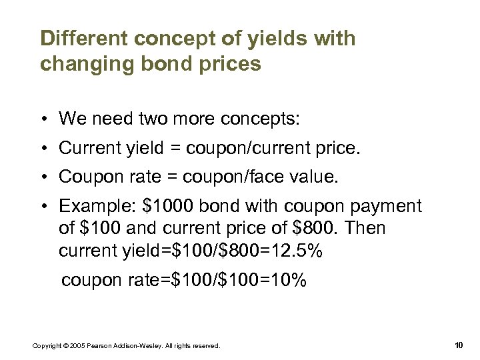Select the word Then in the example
click(365, 229)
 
